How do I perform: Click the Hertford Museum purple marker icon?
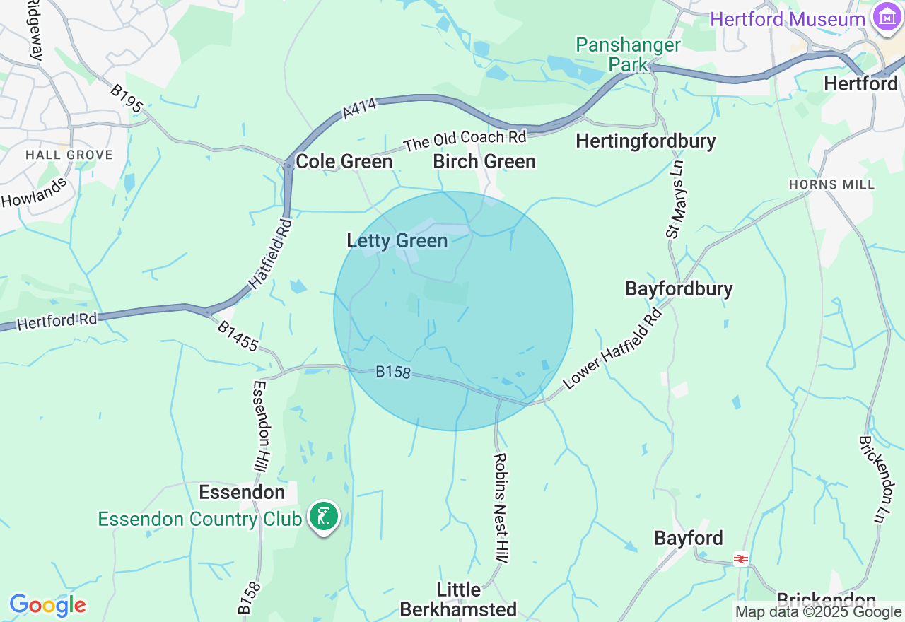coord(887,16)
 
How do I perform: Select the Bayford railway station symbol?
coord(740,559)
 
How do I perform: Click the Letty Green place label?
coord(397,241)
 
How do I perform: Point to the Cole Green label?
coord(344,162)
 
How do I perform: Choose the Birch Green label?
coord(484,162)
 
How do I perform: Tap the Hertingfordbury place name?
coord(646,141)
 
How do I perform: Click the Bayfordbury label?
coord(679,288)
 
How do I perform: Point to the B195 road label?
coord(127,100)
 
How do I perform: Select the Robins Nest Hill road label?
coord(501,508)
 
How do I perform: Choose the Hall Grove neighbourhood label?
coord(69,155)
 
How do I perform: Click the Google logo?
coord(47,605)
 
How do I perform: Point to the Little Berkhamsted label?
coord(458,599)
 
